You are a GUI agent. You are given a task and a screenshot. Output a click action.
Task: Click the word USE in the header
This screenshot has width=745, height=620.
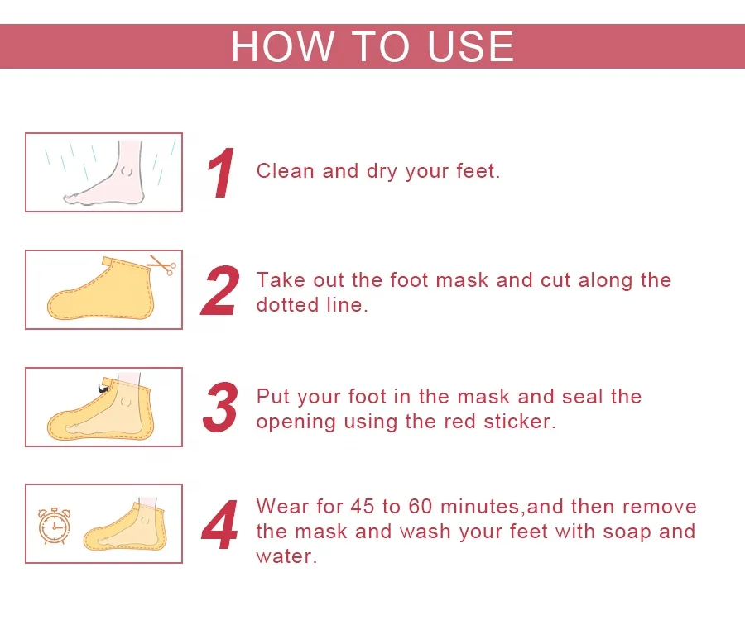470,46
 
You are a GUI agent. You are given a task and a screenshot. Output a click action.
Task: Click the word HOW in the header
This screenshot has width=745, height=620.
282,46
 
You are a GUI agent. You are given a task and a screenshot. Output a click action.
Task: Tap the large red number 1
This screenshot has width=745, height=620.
221,173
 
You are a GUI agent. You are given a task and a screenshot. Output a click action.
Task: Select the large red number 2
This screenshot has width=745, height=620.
220,290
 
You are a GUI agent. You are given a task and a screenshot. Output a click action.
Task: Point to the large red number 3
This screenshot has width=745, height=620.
220,407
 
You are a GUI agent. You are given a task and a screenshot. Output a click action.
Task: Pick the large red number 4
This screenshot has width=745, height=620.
219,525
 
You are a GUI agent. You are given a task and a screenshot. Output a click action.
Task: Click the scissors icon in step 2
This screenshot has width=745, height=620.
162,265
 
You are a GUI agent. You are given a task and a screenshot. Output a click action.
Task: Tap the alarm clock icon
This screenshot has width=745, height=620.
54,526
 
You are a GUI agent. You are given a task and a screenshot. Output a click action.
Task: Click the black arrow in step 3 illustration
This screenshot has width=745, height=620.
103,389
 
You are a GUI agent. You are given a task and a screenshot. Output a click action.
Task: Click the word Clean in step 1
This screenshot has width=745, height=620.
285,171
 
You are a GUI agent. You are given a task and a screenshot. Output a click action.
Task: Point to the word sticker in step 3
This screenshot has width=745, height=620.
519,422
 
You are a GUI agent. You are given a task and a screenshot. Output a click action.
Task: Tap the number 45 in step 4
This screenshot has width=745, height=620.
362,506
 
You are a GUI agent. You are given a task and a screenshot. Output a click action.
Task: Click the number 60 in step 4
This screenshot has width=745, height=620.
420,506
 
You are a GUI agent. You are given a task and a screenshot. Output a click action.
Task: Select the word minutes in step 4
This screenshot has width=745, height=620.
481,507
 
